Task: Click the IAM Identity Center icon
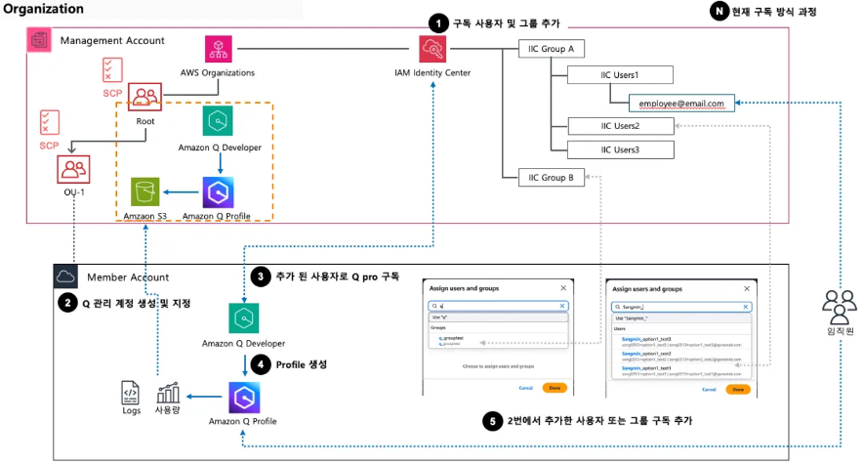(x=431, y=49)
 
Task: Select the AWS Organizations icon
(x=218, y=51)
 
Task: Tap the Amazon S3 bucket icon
(x=145, y=191)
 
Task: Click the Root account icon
(x=144, y=97)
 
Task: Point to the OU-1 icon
(x=73, y=168)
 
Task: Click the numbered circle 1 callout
(x=439, y=21)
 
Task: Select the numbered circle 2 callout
(x=66, y=303)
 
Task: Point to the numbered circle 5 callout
(x=494, y=421)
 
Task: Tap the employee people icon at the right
(x=839, y=308)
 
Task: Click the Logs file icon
(x=130, y=393)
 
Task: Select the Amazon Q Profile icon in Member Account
(x=242, y=397)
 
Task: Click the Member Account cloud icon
(x=66, y=276)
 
